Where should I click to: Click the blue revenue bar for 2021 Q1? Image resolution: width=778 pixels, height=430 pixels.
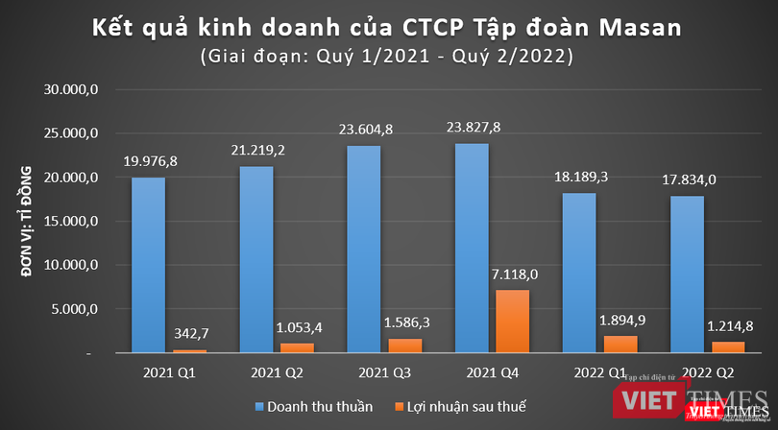click(147, 265)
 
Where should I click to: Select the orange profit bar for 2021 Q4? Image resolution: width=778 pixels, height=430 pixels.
click(512, 322)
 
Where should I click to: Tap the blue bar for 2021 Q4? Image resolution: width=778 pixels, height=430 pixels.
click(473, 249)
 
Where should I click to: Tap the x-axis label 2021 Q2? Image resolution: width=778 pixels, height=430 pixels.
click(266, 370)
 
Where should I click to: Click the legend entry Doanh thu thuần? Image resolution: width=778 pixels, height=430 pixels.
click(310, 404)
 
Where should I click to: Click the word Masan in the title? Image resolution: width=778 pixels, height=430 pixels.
click(641, 28)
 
